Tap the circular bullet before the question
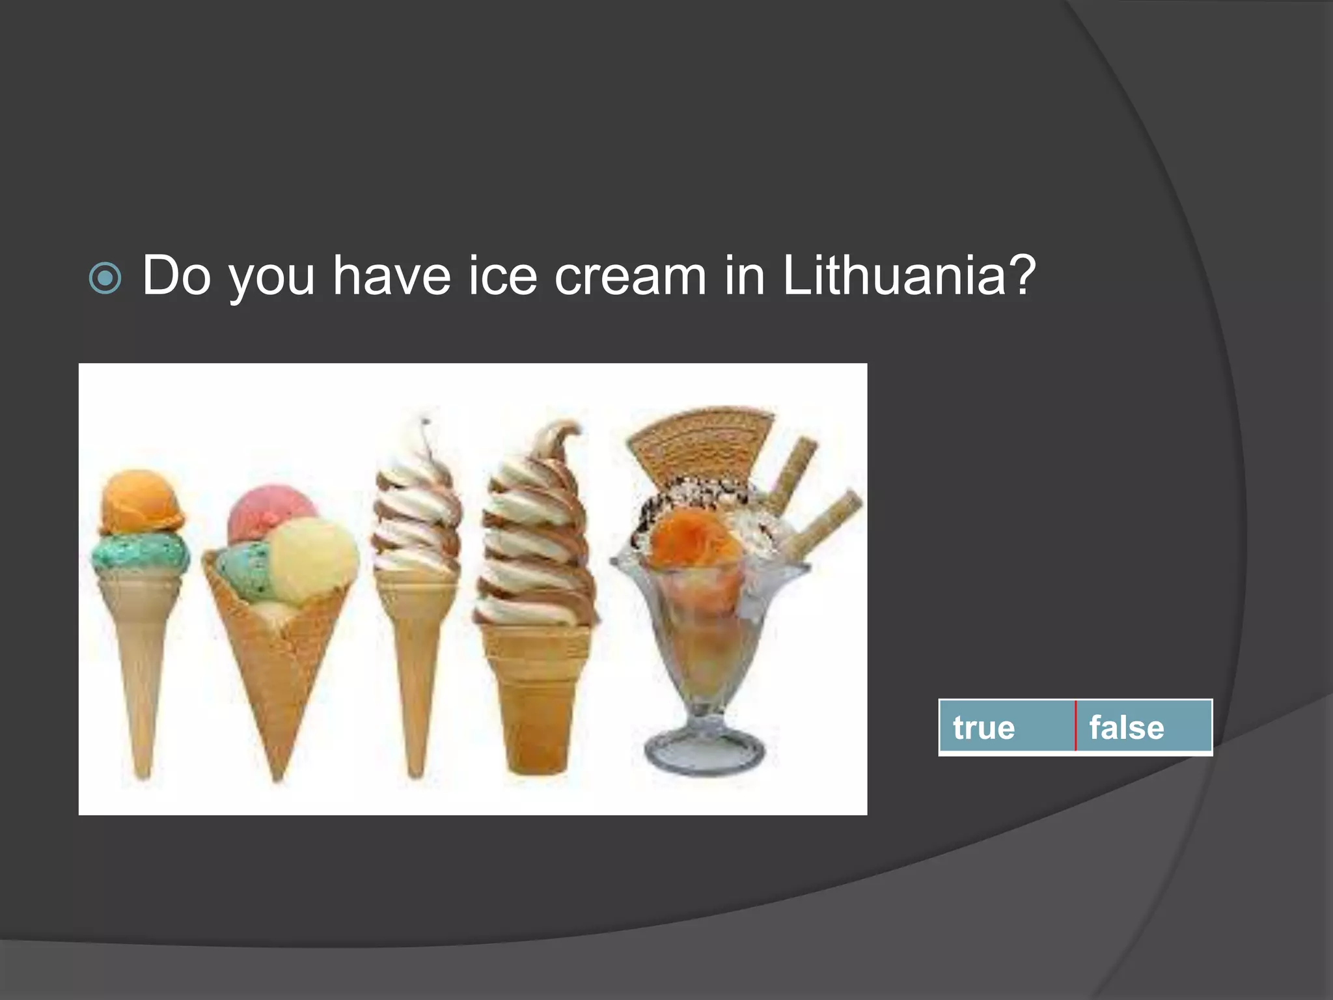tap(105, 278)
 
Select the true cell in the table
tap(1006, 727)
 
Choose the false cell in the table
tap(1144, 727)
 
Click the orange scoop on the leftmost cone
tap(141, 501)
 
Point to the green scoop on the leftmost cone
tap(141, 553)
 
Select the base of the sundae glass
tap(704, 755)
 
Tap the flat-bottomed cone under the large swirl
tap(535, 697)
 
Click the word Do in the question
tap(176, 275)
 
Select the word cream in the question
tap(630, 275)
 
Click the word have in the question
tap(392, 275)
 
